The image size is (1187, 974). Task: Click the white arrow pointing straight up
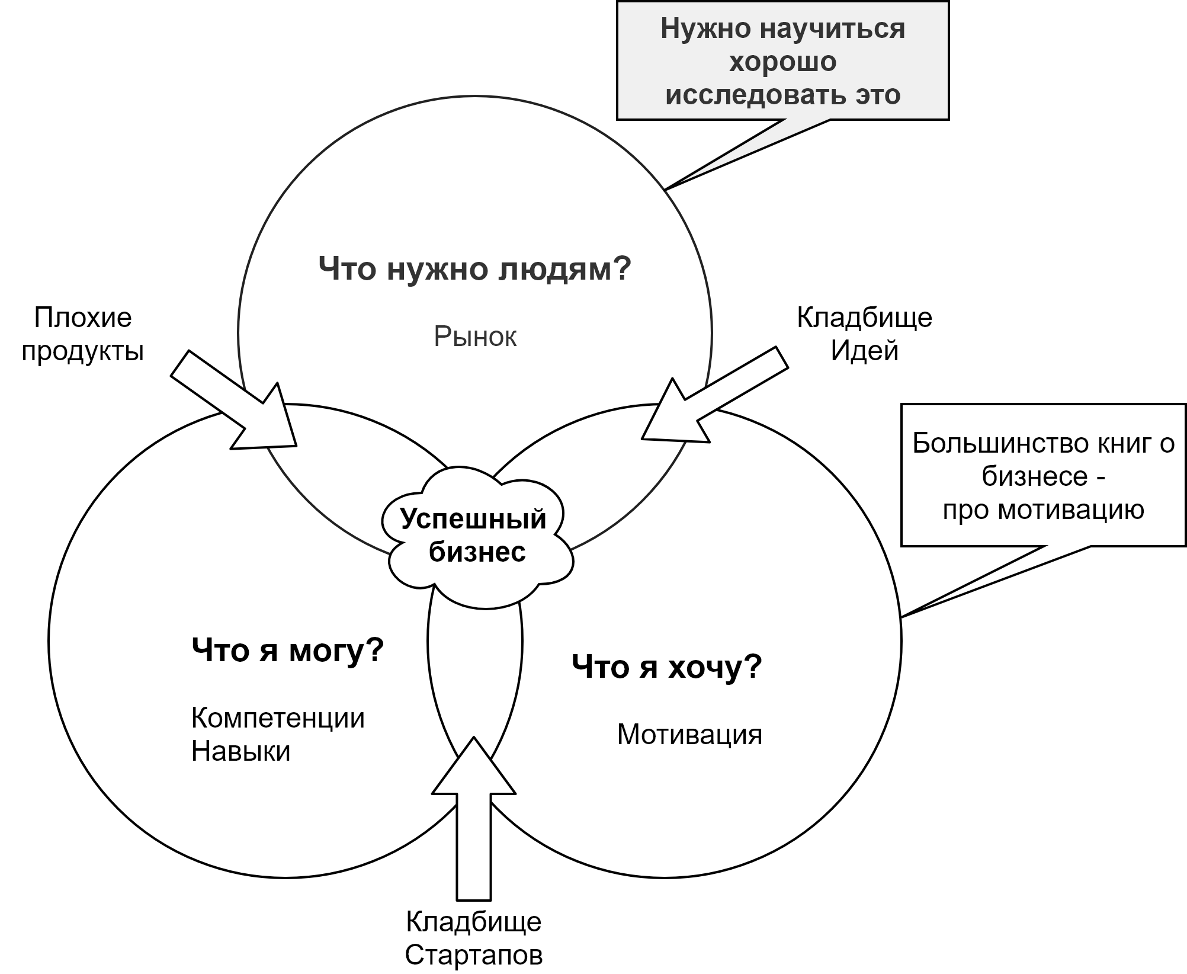click(x=474, y=829)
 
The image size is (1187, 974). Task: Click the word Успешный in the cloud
click(x=473, y=519)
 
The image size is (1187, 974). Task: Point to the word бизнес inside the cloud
click(x=477, y=552)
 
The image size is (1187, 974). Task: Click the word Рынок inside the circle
click(x=475, y=337)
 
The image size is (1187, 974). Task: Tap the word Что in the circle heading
click(x=348, y=270)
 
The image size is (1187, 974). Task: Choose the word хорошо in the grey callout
click(x=782, y=62)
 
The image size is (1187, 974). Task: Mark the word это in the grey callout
click(x=877, y=95)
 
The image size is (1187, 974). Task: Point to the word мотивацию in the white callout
click(x=1071, y=510)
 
